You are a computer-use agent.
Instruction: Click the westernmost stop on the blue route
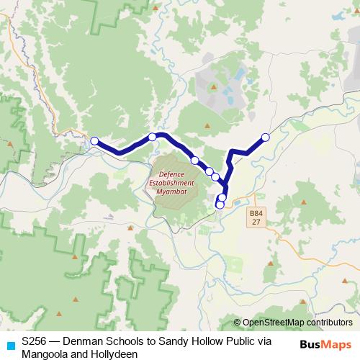[x=94, y=141]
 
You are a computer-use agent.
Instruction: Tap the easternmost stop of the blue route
[x=265, y=137]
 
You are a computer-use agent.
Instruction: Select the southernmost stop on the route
[x=220, y=205]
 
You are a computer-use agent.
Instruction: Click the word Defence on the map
[x=171, y=174]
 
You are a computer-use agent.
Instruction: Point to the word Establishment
[x=171, y=183]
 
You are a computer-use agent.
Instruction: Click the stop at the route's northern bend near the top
[x=153, y=137]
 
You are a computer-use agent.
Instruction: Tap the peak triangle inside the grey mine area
[x=213, y=87]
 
